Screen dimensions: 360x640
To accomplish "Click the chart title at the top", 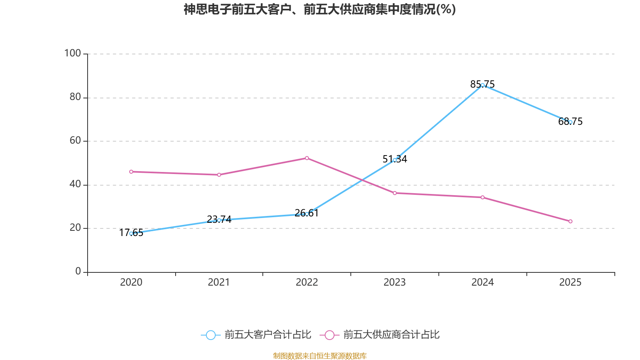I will [320, 9].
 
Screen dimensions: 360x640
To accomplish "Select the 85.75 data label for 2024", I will [482, 84].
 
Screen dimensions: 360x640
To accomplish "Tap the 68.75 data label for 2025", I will [570, 121].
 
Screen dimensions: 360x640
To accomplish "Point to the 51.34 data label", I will [394, 159].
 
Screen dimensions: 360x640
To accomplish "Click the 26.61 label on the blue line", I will [306, 213].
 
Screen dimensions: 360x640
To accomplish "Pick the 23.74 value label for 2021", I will [219, 219].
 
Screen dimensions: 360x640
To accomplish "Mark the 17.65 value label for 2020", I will [131, 232].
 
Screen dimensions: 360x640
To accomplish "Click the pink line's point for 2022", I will [307, 158].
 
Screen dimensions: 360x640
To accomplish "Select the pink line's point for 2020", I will [131, 172].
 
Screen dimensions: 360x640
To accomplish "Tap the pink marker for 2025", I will [570, 221].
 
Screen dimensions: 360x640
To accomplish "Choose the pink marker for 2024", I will [482, 197].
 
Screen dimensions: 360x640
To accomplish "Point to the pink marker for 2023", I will [394, 193].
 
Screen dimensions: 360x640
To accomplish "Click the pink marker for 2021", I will [219, 174].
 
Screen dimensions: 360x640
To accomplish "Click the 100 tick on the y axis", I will [73, 53].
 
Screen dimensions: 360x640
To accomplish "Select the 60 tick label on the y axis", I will [75, 140].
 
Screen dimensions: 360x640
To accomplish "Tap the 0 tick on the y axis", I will [78, 271].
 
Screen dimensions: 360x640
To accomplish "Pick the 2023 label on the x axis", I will [394, 282].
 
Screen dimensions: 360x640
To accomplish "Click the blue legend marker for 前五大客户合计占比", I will [210, 335].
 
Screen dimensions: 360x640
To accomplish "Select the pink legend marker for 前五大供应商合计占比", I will [329, 335].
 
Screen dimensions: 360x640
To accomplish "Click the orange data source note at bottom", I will [320, 356].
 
